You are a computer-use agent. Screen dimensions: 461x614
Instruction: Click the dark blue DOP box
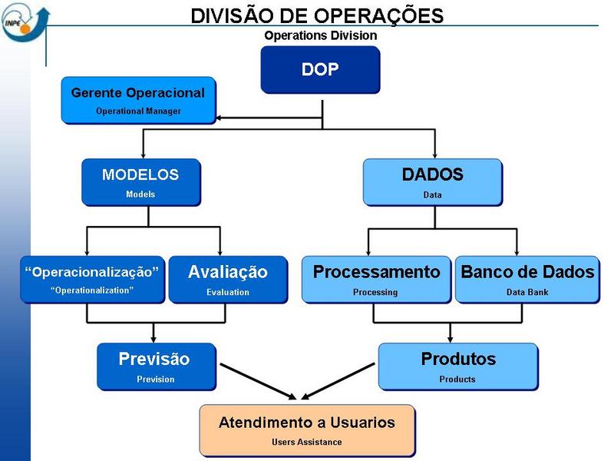(320, 69)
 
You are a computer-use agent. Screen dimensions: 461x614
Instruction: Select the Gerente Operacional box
(138, 100)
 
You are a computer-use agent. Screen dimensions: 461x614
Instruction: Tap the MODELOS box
(140, 181)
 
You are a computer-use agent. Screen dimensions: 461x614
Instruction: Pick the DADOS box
(432, 181)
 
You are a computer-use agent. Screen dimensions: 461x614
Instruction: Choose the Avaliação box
(228, 279)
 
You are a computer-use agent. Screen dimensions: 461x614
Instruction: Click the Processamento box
(375, 279)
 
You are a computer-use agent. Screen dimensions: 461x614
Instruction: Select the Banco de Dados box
(527, 279)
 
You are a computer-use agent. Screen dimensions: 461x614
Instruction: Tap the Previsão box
(155, 366)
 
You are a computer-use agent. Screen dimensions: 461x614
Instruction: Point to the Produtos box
(458, 366)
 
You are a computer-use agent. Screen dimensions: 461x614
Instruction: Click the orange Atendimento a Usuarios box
(307, 429)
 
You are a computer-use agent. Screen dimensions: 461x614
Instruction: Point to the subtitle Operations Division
(321, 35)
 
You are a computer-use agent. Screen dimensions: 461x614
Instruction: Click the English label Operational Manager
(138, 111)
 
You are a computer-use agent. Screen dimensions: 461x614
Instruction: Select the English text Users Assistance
(307, 442)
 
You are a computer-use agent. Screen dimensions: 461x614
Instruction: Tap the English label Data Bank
(527, 292)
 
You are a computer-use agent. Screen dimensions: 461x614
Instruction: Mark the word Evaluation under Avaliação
(228, 292)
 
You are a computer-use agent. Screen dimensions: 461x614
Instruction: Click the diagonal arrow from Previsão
(253, 380)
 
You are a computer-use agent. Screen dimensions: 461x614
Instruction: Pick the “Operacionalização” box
(92, 279)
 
